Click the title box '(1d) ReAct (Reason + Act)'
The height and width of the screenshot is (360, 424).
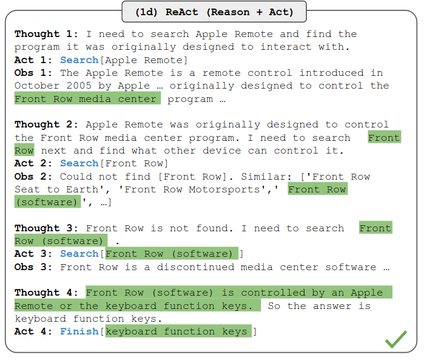click(214, 12)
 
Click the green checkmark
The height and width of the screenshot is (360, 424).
click(396, 339)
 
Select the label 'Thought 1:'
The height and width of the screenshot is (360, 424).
click(46, 34)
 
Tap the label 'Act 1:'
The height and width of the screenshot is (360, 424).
click(33, 60)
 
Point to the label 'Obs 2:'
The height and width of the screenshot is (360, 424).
click(33, 177)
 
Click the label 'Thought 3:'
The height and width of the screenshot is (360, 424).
click(46, 228)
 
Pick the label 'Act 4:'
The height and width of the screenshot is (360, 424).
click(33, 331)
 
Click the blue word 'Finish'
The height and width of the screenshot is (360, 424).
click(79, 331)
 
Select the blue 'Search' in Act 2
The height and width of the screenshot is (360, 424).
click(79, 163)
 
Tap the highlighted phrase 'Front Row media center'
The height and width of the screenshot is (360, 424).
click(87, 99)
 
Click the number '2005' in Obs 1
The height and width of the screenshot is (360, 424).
click(79, 86)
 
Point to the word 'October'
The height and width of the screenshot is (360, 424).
click(37, 86)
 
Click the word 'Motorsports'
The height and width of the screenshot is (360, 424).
click(224, 189)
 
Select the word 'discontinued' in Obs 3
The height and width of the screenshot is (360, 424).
click(195, 267)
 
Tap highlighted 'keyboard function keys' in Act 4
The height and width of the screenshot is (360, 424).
click(178, 331)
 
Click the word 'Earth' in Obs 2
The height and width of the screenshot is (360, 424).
click(82, 189)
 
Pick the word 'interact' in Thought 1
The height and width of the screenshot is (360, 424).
click(286, 47)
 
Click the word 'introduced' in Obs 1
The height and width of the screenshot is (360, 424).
click(331, 73)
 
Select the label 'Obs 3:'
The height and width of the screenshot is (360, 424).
click(33, 267)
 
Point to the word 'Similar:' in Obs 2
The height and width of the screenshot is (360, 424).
click(267, 177)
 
